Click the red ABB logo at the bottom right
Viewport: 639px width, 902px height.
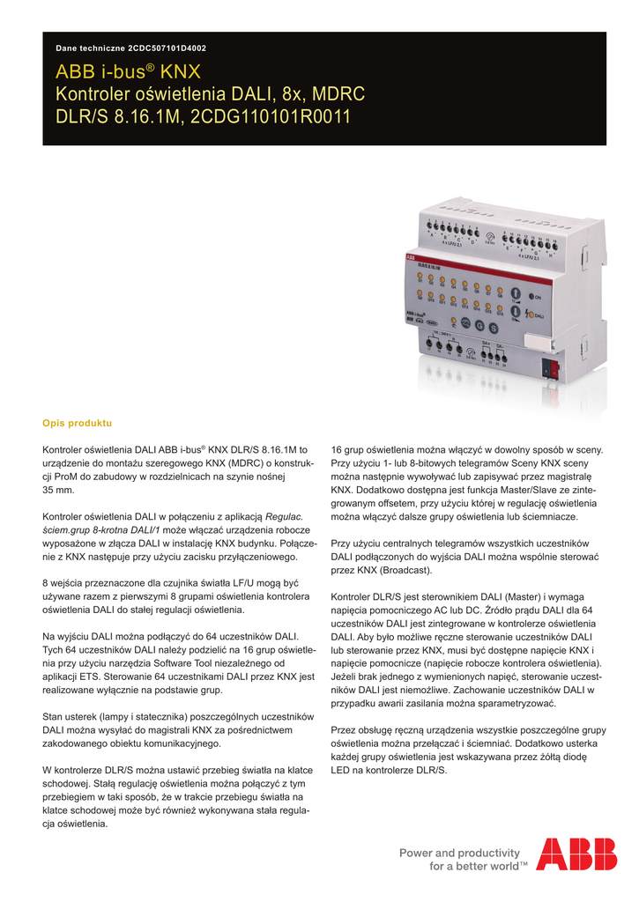[x=576, y=854]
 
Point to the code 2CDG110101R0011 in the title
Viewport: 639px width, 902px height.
[x=270, y=115]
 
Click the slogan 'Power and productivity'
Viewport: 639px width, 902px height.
[x=459, y=852]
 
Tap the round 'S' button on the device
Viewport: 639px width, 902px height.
[x=494, y=329]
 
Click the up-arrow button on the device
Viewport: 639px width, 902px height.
[x=516, y=293]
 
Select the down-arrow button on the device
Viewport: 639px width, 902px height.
[x=516, y=311]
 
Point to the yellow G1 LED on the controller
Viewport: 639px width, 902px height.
[x=420, y=275]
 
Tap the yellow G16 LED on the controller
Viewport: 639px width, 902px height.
[x=500, y=308]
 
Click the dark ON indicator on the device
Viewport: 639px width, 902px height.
[x=531, y=296]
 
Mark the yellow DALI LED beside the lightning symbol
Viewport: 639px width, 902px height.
[x=531, y=314]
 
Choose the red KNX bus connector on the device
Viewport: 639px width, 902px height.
[x=554, y=368]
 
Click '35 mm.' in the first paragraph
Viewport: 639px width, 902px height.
[x=58, y=490]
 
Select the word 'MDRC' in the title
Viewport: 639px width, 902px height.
[x=339, y=93]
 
